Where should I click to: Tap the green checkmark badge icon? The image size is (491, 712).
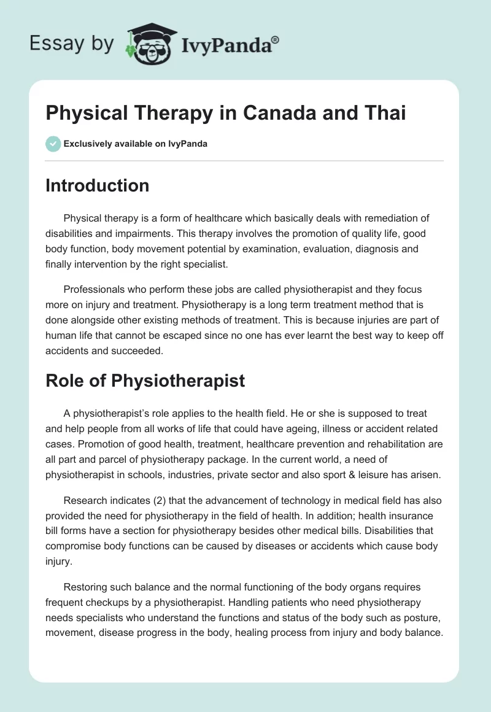tap(53, 144)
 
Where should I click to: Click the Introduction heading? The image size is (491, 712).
tap(97, 185)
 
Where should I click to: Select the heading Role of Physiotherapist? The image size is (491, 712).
tap(145, 381)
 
